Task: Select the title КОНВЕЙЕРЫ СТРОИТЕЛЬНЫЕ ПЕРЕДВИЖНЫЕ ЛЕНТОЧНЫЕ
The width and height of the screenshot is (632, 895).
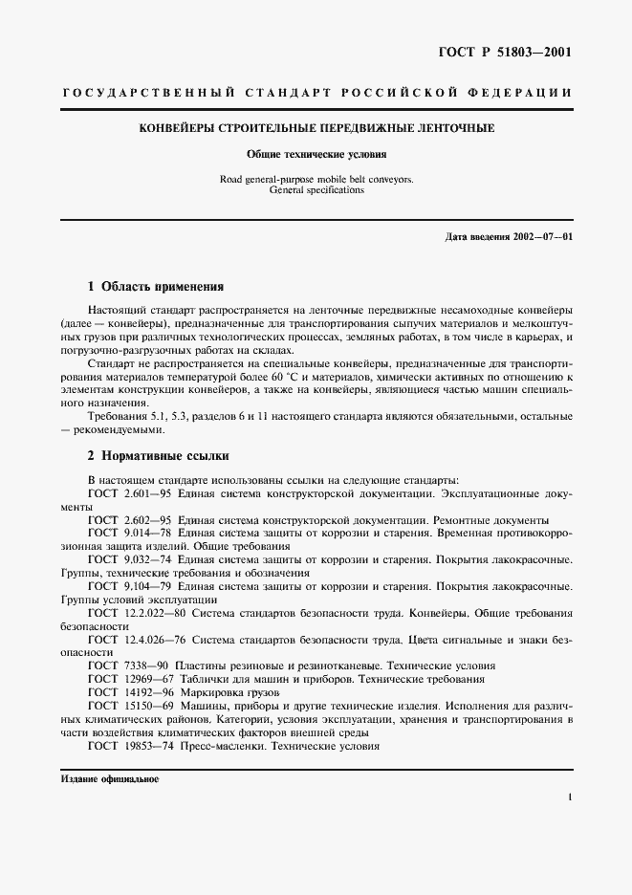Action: click(x=316, y=128)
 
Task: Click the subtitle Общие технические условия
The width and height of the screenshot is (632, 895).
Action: click(x=316, y=153)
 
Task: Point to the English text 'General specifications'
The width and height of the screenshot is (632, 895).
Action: click(x=316, y=190)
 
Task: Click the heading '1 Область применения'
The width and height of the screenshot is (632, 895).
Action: click(x=155, y=286)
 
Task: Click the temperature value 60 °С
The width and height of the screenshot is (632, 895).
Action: click(x=286, y=378)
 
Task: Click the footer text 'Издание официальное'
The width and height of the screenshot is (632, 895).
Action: click(x=109, y=778)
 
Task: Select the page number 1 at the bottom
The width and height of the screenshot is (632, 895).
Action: click(x=569, y=796)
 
